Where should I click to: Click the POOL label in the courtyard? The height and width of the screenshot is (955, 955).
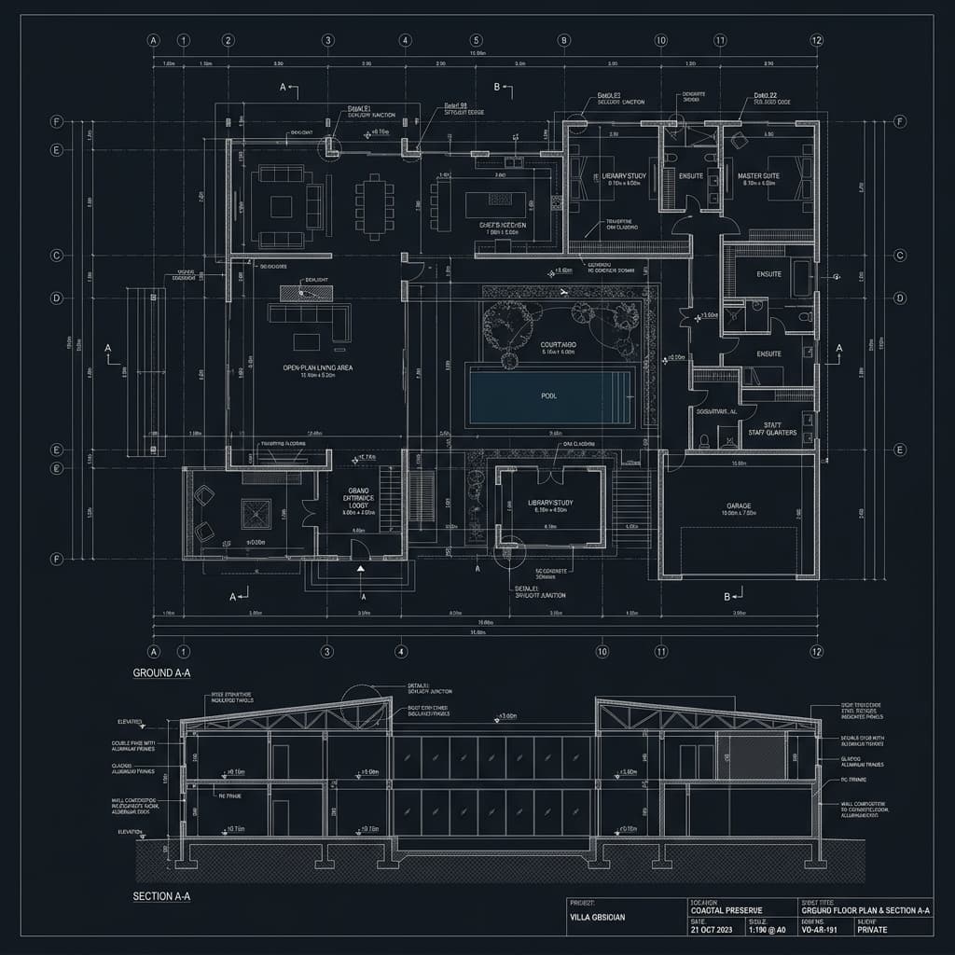pos(548,395)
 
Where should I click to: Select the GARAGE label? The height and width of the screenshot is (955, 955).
pos(739,506)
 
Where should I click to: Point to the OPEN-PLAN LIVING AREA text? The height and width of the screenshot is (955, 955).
pos(318,367)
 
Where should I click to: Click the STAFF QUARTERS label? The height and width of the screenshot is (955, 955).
pos(770,427)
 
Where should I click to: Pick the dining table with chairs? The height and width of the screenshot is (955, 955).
pos(374,205)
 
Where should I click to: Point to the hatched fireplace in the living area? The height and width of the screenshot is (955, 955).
pos(306,292)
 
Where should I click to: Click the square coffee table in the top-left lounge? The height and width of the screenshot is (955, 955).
pos(282,205)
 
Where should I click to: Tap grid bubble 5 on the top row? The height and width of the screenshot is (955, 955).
pos(476,40)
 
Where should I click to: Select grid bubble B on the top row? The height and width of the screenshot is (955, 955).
pos(563,40)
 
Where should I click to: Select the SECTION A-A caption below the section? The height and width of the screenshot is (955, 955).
pos(161,896)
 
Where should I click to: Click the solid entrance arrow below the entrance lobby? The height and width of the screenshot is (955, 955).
pos(361,567)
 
